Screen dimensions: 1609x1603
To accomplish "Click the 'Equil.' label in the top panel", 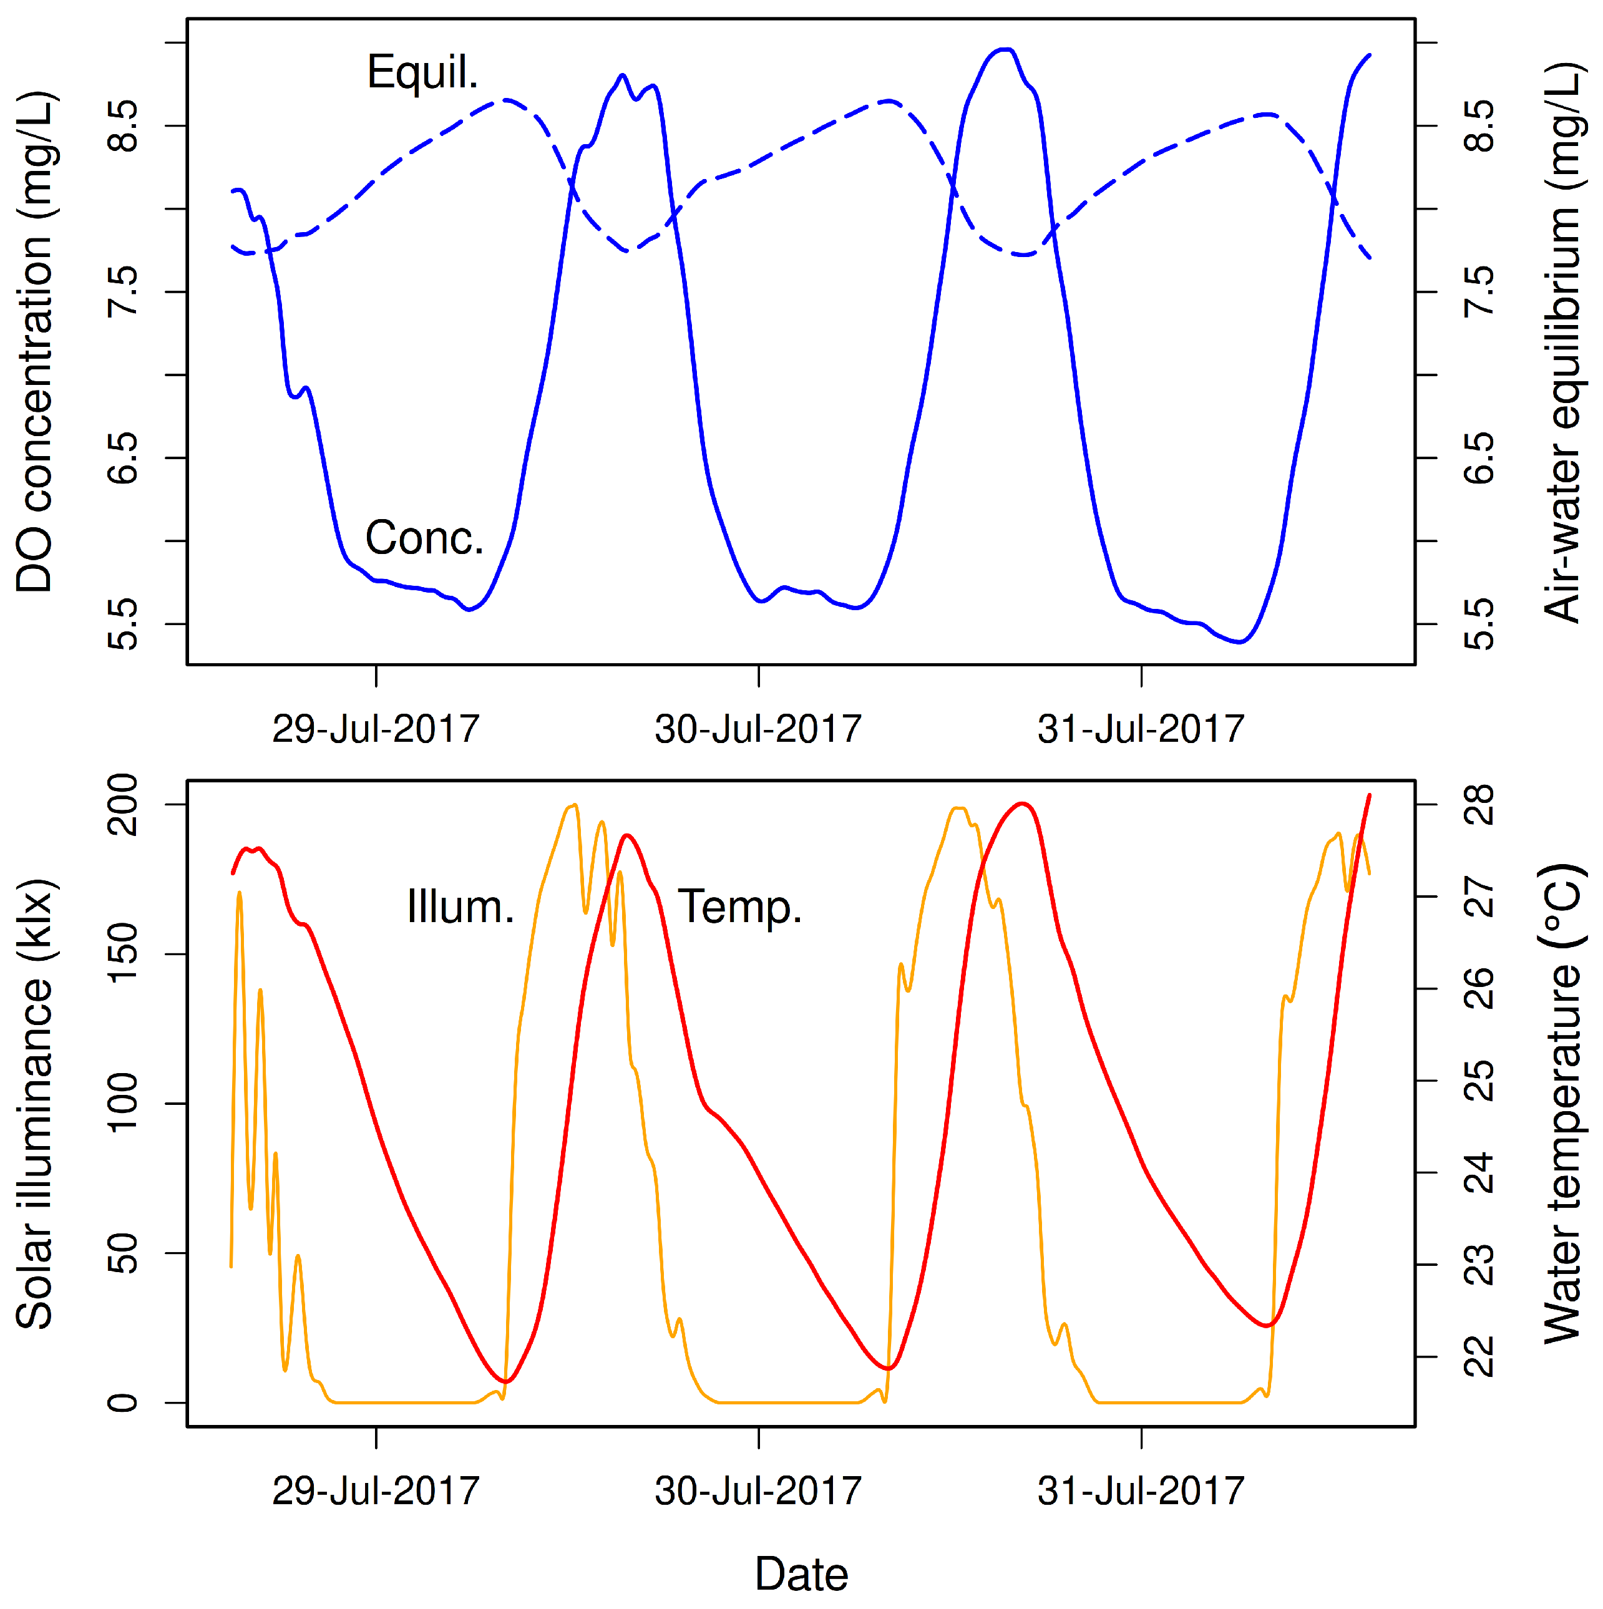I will [422, 72].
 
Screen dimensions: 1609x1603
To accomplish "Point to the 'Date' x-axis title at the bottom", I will [801, 1574].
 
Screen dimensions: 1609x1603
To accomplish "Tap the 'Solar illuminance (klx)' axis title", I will [35, 1104].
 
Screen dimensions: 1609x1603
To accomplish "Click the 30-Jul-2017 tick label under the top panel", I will [758, 729].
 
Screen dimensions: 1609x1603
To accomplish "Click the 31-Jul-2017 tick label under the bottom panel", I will [1140, 1490].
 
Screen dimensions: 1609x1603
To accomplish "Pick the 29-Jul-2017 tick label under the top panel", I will [376, 729].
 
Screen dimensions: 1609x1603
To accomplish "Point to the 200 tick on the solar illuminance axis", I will [124, 805].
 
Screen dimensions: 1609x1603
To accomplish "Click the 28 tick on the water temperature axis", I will [1479, 805].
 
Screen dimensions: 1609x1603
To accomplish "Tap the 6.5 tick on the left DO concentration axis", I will [124, 458].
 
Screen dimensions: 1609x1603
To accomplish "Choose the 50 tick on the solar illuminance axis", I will [124, 1253].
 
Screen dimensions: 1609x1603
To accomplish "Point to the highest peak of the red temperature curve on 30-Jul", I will [1023, 804].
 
